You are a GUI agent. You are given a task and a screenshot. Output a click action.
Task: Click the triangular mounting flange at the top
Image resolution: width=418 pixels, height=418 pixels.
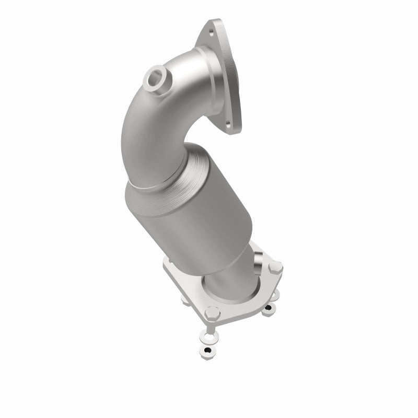tap(222, 73)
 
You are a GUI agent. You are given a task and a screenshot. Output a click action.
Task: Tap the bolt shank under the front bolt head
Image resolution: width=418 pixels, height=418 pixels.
tap(211, 325)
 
